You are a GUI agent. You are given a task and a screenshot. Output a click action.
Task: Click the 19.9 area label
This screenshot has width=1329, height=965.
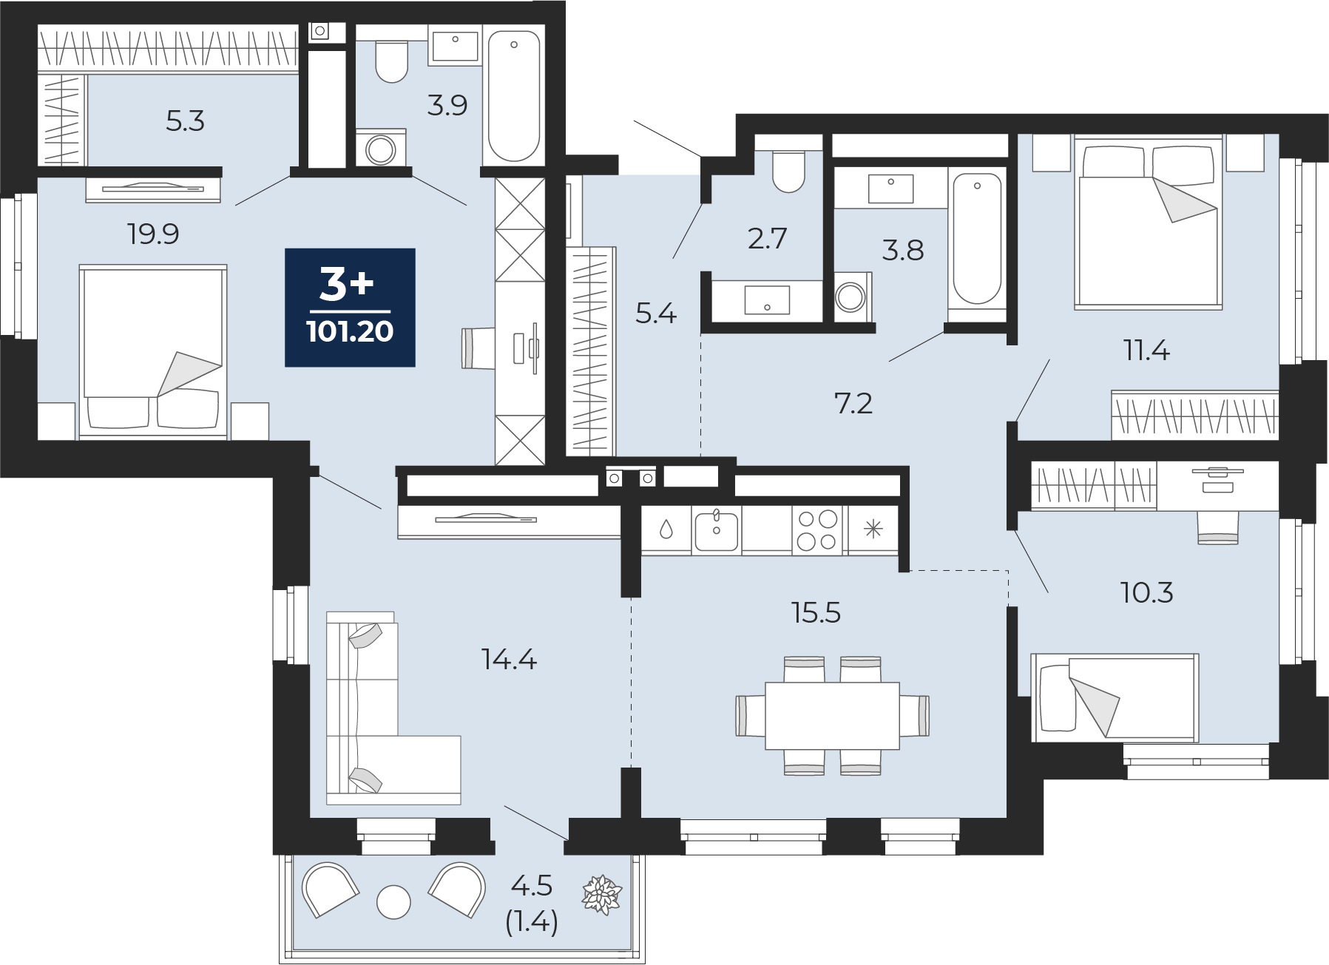pyautogui.click(x=153, y=234)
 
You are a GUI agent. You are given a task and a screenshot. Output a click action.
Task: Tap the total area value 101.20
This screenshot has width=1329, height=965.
pyautogui.click(x=350, y=331)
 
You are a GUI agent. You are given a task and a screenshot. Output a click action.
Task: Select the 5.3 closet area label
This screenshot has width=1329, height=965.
pyautogui.click(x=185, y=121)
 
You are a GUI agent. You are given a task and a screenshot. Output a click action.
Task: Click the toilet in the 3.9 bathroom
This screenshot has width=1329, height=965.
pyautogui.click(x=391, y=61)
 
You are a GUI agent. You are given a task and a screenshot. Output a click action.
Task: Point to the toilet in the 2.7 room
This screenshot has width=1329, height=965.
pyautogui.click(x=788, y=172)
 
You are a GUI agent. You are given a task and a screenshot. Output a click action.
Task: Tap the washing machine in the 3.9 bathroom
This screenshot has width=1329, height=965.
pyautogui.click(x=380, y=147)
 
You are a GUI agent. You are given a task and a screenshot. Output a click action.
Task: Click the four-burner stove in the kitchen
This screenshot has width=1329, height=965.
pyautogui.click(x=819, y=530)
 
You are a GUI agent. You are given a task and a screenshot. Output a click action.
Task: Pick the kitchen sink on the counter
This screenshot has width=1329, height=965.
pyautogui.click(x=715, y=530)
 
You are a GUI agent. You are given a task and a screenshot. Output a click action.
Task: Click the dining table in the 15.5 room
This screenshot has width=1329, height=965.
pyautogui.click(x=832, y=715)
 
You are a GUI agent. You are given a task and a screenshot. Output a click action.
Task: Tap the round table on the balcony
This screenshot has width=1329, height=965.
pyautogui.click(x=393, y=901)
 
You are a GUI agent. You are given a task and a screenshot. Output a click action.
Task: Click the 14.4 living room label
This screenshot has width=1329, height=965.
pyautogui.click(x=509, y=658)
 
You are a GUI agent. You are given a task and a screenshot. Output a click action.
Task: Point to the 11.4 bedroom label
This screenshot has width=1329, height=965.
pyautogui.click(x=1147, y=351)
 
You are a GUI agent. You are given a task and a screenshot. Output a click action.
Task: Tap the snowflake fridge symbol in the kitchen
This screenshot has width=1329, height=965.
pyautogui.click(x=873, y=529)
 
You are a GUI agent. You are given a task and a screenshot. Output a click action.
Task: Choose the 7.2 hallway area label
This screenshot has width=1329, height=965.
pyautogui.click(x=853, y=404)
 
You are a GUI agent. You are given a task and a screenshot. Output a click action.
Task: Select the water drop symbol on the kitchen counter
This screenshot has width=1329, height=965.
pyautogui.click(x=666, y=529)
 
